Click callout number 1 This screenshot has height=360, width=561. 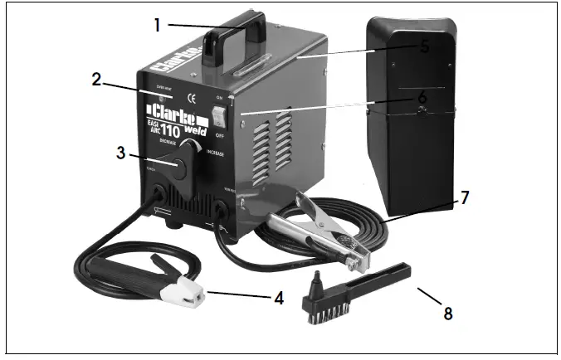(156, 24)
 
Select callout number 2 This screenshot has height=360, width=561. (96, 80)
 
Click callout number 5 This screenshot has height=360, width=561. (424, 47)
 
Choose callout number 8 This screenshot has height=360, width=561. (448, 313)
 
